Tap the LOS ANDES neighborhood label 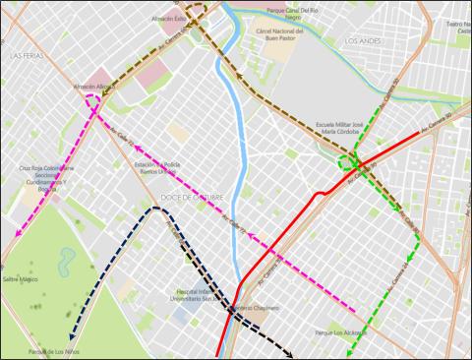(365, 40)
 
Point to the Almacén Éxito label (169, 19)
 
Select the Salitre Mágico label (20, 280)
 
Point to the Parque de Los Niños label (53, 351)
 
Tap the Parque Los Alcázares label (340, 333)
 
